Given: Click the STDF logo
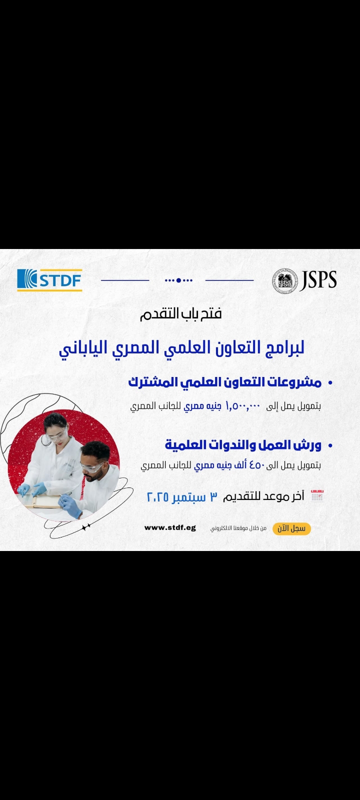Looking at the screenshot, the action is pyautogui.click(x=49, y=280).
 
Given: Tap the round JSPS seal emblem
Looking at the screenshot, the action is pyautogui.click(x=284, y=280).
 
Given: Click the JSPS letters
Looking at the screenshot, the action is pyautogui.click(x=318, y=280).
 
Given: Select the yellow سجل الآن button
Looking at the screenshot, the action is pyautogui.click(x=291, y=528).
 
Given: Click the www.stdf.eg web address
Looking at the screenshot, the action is pyautogui.click(x=170, y=528).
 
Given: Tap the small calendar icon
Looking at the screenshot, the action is pyautogui.click(x=317, y=496).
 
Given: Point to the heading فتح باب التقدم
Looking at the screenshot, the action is pyautogui.click(x=180, y=313).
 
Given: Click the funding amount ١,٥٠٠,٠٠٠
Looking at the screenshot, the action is pyautogui.click(x=243, y=406).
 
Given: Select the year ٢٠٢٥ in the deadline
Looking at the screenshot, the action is pyautogui.click(x=157, y=497).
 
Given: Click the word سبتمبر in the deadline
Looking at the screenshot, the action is pyautogui.click(x=189, y=497).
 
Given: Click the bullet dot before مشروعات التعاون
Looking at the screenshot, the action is pyautogui.click(x=330, y=383).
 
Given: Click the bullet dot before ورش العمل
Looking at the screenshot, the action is pyautogui.click(x=330, y=445).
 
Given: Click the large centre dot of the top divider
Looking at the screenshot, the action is pyautogui.click(x=178, y=280).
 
